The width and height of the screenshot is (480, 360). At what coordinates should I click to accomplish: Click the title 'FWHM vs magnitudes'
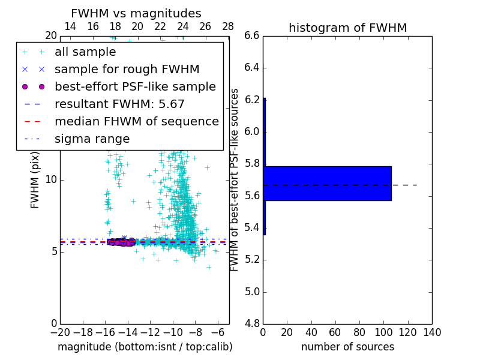[136, 13]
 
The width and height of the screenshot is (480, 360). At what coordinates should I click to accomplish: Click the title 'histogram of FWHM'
[347, 28]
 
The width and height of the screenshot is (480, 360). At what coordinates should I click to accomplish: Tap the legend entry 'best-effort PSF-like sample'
[135, 87]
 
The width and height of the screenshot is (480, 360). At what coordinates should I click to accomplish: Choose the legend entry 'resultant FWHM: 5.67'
[119, 104]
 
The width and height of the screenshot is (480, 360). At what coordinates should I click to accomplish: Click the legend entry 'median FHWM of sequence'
[136, 122]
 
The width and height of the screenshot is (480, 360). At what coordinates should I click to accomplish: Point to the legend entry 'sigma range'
[92, 139]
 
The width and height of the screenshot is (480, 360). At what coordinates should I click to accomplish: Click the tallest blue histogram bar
[327, 183]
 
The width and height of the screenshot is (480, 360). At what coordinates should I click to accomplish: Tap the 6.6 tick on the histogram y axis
[252, 36]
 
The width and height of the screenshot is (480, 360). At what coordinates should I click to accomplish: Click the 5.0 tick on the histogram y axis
[252, 292]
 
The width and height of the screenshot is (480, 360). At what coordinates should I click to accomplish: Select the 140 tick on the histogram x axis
[432, 332]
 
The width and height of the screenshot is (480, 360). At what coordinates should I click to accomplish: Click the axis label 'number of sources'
[347, 347]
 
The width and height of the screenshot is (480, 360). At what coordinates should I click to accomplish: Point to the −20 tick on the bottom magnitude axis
[60, 332]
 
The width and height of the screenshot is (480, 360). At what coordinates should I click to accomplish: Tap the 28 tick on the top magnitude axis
[228, 26]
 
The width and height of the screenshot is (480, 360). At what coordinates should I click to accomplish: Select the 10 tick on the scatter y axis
[50, 180]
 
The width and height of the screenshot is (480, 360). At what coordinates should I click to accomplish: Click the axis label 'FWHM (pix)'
[35, 181]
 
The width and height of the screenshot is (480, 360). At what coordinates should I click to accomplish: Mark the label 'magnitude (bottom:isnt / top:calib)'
[145, 347]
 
